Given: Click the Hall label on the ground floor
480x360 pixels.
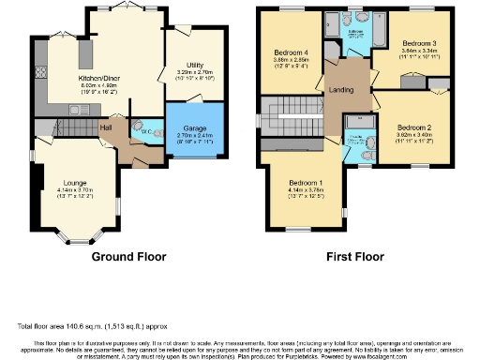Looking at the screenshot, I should (x=107, y=127).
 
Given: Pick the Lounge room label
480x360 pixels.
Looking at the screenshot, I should (x=75, y=183).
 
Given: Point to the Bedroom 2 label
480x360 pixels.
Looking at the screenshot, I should (x=412, y=127).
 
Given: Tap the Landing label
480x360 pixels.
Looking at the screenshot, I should (x=340, y=90).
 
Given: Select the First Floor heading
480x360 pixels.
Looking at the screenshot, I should (x=351, y=255).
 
